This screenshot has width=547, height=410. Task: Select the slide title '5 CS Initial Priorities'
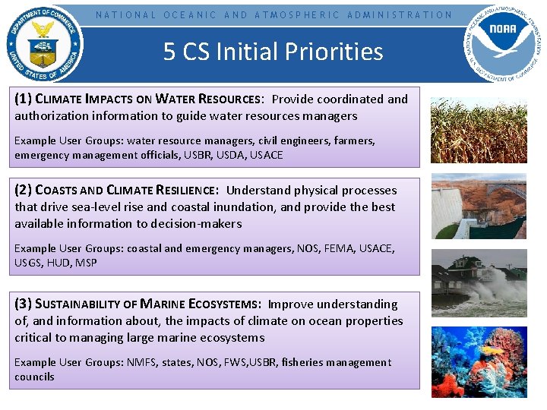[273, 52]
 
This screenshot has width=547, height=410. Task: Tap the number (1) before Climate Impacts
[23, 99]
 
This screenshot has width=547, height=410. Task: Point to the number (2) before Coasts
[23, 190]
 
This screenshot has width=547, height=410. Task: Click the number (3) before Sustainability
[23, 304]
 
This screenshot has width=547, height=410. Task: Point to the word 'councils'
[34, 377]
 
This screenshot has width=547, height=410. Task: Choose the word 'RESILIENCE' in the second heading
[180, 191]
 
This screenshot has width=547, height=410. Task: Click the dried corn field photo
[478, 130]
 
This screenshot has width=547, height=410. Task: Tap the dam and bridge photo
[478, 207]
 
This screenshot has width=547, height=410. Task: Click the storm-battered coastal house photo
[478, 283]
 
